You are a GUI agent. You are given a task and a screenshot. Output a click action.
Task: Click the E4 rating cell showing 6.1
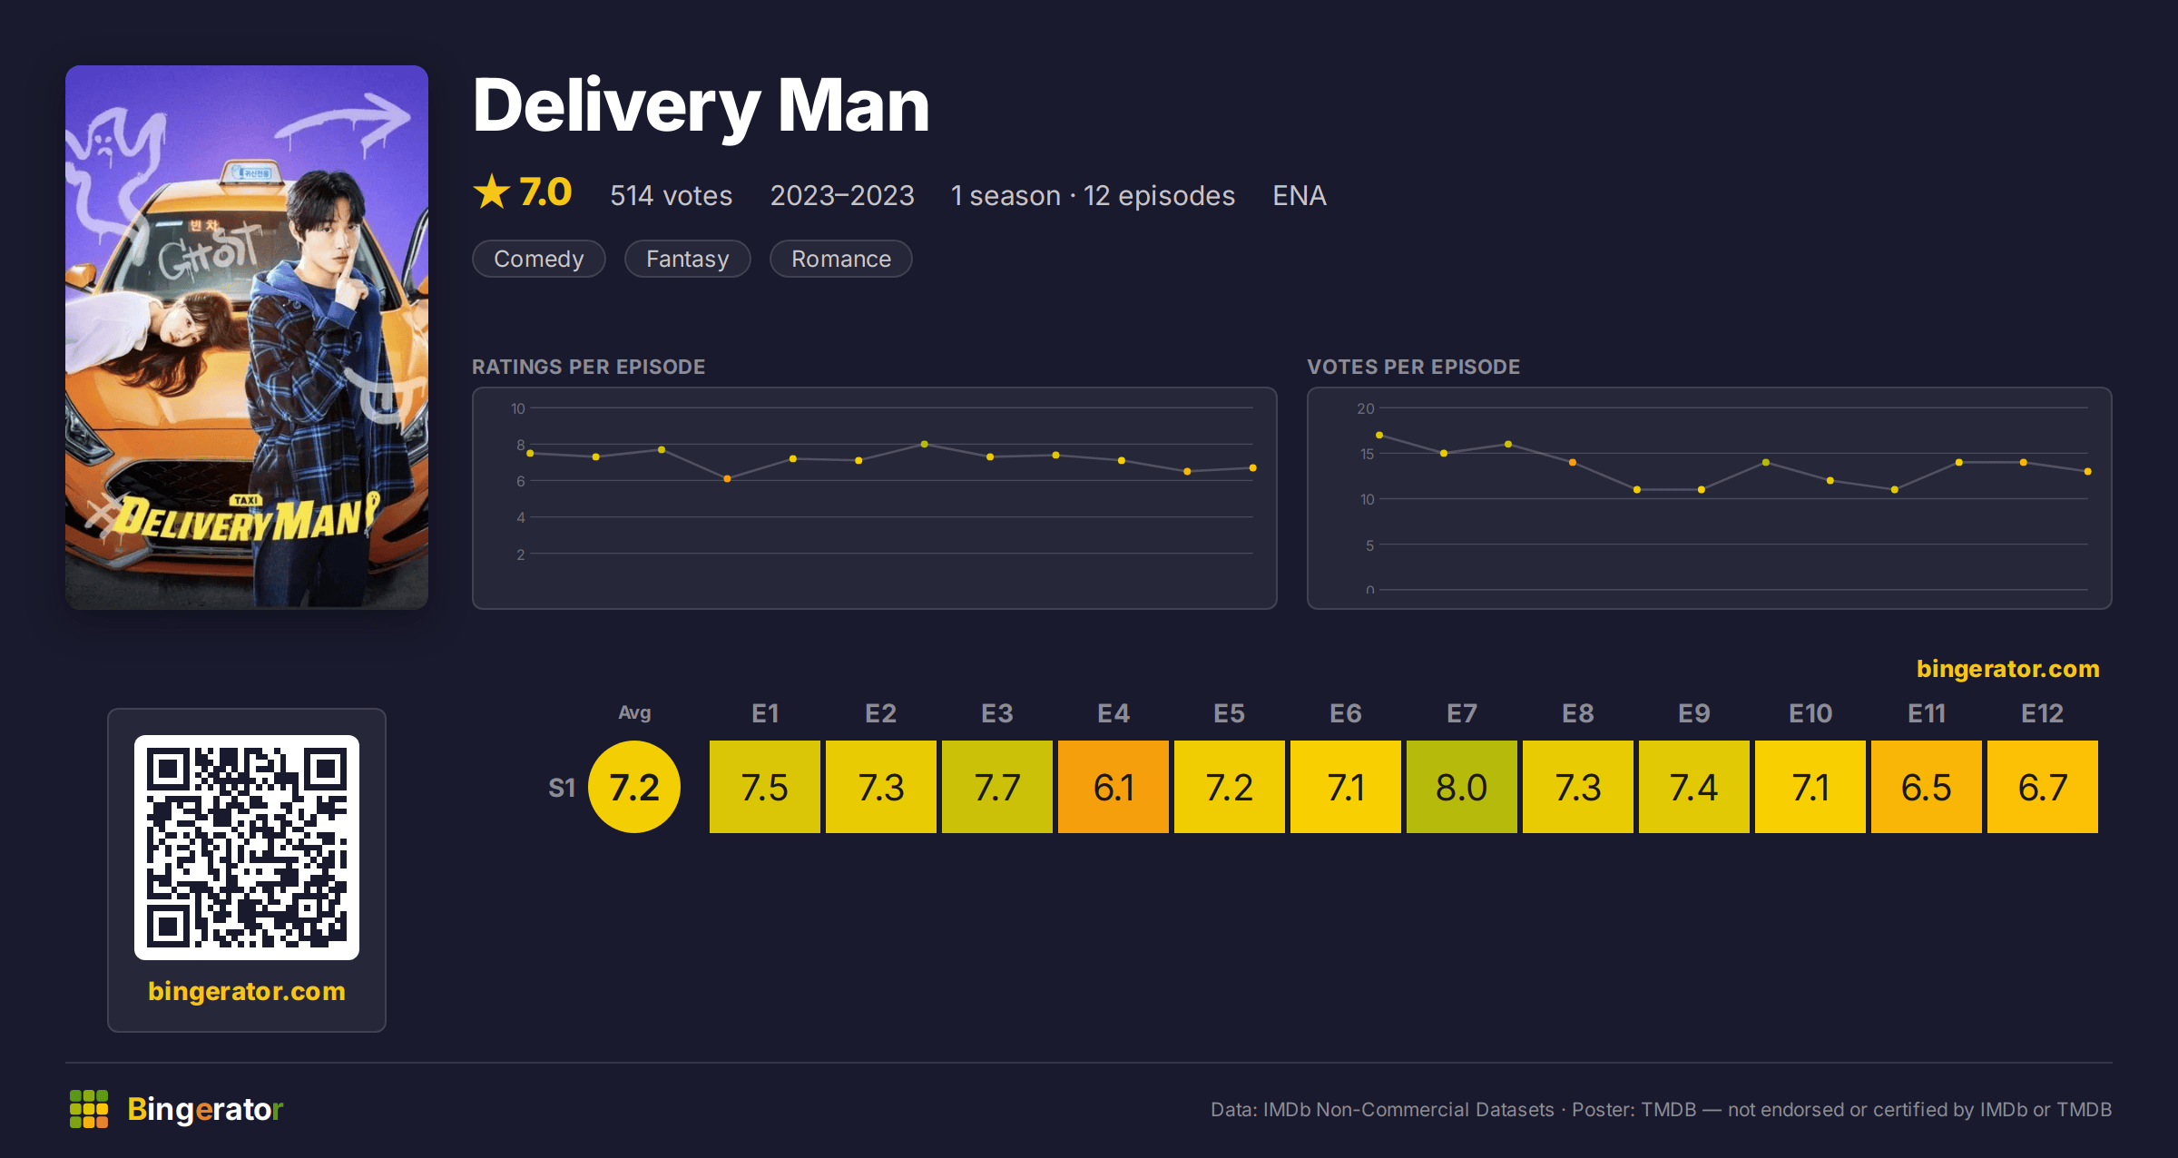pos(1114,787)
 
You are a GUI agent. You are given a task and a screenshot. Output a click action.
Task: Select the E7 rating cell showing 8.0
pos(1462,787)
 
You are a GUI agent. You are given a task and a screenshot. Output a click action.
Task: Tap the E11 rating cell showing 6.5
pos(1927,787)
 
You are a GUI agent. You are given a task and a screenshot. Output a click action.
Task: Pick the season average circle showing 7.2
pos(634,787)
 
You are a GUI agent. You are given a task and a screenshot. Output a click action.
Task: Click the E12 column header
pos(2042,713)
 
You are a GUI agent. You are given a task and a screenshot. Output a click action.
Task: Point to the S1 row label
pos(562,788)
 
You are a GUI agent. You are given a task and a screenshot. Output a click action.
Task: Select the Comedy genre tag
pos(539,259)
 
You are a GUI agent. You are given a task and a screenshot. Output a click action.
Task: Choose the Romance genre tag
pos(841,259)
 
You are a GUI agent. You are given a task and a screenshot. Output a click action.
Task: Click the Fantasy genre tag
pos(688,259)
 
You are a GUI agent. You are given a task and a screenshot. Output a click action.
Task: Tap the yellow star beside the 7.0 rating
pos(492,192)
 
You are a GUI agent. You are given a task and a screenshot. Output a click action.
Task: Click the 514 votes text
pos(672,195)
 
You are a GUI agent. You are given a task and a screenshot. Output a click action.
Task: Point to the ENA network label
pos(1300,195)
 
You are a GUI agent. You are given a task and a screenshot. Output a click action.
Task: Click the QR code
pos(247,848)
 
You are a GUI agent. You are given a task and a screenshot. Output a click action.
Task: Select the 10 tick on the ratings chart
pos(518,408)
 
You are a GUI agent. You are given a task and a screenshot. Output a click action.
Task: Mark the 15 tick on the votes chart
pos(1367,454)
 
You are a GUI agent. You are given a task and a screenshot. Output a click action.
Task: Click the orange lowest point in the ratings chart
pos(727,478)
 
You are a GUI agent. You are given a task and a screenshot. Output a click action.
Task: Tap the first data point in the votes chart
pos(1379,436)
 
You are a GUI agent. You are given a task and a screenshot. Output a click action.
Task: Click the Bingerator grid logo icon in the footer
pos(89,1109)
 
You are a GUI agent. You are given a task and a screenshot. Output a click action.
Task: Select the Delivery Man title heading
pos(701,107)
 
